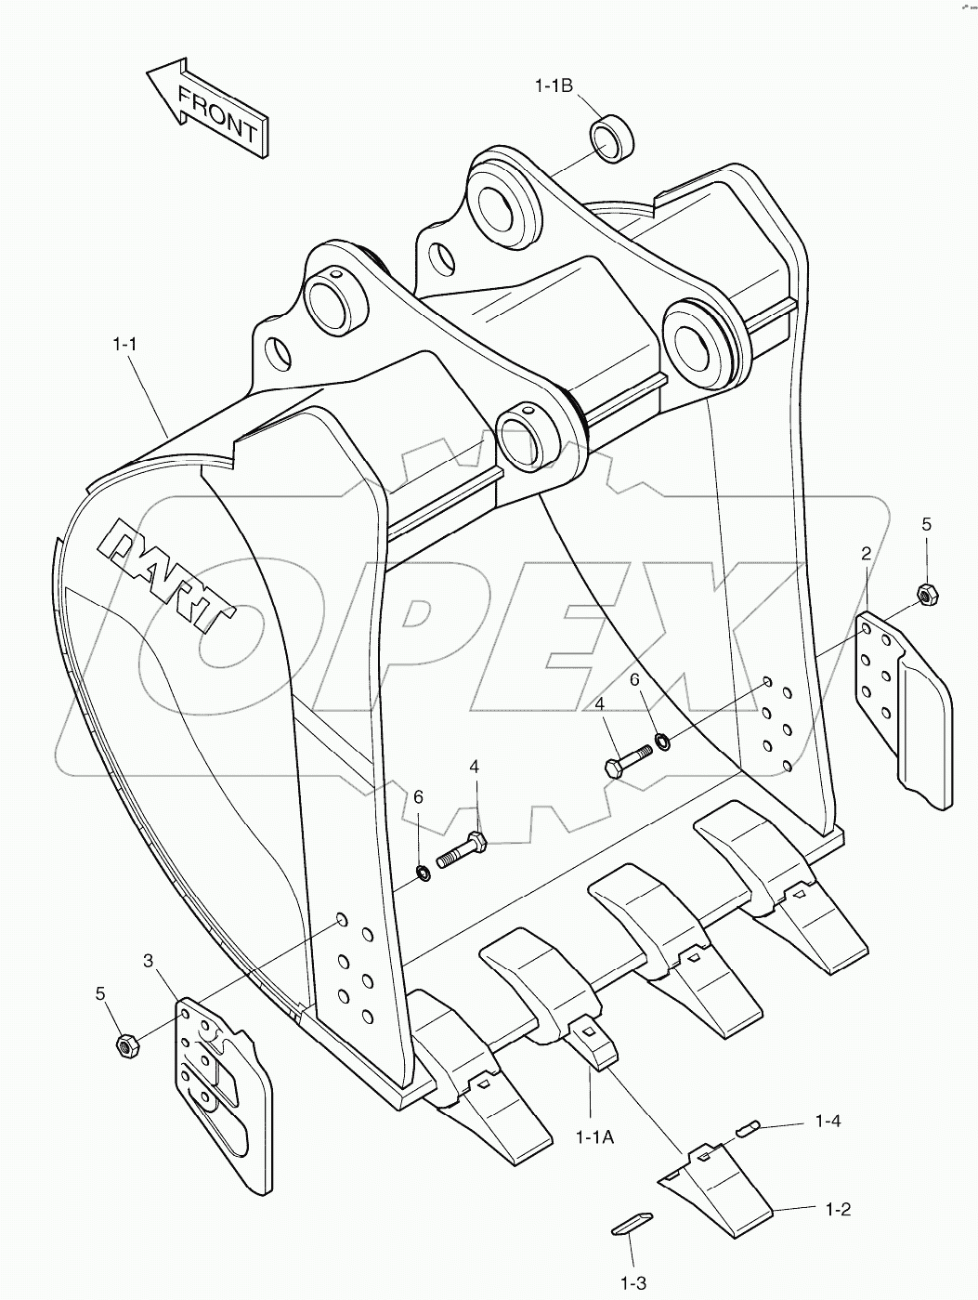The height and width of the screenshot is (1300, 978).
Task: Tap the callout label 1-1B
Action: tap(554, 85)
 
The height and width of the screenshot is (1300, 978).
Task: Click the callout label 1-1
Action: tap(125, 344)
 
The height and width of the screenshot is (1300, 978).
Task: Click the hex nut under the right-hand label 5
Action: tap(925, 592)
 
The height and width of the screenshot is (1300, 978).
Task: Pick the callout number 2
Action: tap(866, 554)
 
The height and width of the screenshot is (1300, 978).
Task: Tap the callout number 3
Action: tap(148, 960)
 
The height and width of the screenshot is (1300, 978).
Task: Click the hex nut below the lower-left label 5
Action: tap(127, 1044)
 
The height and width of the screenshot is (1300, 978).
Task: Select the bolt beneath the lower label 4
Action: tap(459, 850)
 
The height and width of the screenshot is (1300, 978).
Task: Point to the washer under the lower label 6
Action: tap(424, 872)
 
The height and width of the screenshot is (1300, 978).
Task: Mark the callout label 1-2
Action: tap(837, 1209)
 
